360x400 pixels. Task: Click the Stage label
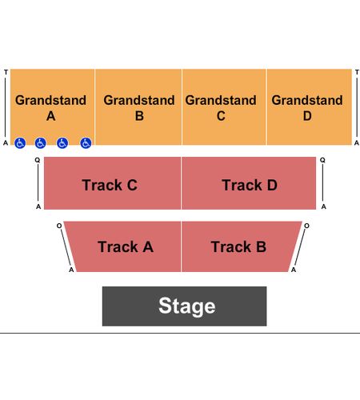click(x=187, y=306)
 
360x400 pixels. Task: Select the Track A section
click(x=126, y=246)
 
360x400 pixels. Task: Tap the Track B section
click(x=238, y=246)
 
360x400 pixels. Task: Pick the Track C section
click(x=112, y=183)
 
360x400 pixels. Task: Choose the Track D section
click(x=249, y=183)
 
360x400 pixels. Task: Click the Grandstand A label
click(x=50, y=108)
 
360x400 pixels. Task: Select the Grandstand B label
click(x=139, y=108)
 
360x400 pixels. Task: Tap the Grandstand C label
click(x=221, y=108)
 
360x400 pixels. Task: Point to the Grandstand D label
click(x=307, y=108)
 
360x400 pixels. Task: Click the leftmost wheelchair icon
click(x=20, y=143)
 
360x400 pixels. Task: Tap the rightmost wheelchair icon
click(x=86, y=143)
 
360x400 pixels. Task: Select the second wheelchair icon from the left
click(x=41, y=143)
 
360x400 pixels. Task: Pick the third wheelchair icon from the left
click(x=62, y=143)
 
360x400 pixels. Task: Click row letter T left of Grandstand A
click(x=6, y=72)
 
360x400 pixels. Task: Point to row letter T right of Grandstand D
click(x=357, y=72)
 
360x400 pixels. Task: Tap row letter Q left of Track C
click(x=38, y=160)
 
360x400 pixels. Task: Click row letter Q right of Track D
click(x=322, y=160)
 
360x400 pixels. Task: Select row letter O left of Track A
click(x=59, y=226)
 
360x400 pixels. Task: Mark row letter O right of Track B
click(x=306, y=226)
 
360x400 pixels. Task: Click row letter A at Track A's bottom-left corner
click(x=71, y=270)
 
